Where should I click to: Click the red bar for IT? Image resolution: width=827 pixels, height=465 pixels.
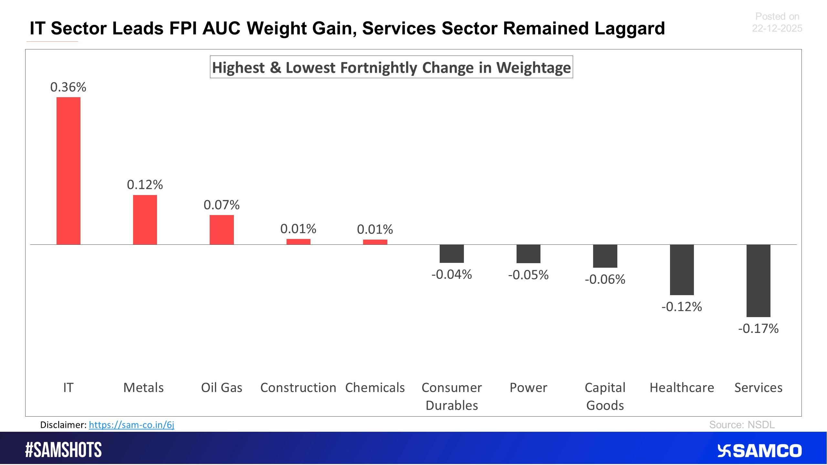click(68, 171)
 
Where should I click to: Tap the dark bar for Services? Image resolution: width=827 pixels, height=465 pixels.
click(758, 281)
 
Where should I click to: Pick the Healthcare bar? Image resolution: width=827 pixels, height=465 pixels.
click(682, 270)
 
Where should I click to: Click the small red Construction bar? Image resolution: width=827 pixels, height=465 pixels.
click(298, 242)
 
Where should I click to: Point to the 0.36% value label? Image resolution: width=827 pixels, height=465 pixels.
click(68, 87)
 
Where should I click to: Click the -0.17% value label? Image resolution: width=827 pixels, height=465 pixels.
click(758, 329)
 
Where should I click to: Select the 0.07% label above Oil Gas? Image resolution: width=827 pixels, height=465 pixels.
click(222, 205)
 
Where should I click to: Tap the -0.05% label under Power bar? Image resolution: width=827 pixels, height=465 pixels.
click(528, 275)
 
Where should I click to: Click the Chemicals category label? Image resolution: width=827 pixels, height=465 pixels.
click(375, 387)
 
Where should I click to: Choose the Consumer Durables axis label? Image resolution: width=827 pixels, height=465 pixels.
click(452, 396)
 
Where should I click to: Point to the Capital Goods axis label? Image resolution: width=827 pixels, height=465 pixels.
click(605, 396)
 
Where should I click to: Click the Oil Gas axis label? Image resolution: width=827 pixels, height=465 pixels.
click(222, 387)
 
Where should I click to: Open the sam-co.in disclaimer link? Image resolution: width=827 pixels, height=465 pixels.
click(131, 425)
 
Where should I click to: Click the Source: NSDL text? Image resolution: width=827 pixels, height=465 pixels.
click(742, 425)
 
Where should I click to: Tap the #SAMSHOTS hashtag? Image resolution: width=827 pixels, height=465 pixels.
click(64, 450)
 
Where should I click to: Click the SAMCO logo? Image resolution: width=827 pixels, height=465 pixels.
click(759, 451)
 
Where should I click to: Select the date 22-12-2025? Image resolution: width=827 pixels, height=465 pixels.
click(777, 28)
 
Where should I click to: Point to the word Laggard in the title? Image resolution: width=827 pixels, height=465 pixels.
click(630, 28)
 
